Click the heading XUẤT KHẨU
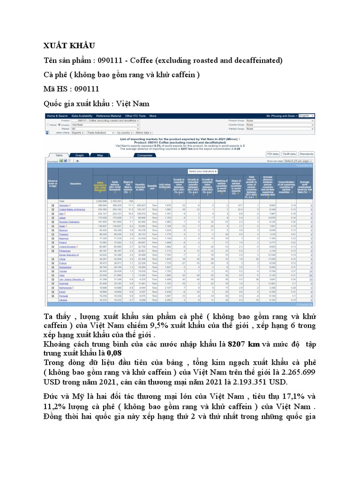[69, 45]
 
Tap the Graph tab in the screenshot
[80, 155]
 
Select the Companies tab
[145, 155]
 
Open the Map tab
[100, 155]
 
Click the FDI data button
[273, 153]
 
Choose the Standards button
[307, 153]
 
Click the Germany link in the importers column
[65, 205]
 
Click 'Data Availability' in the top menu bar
[82, 115]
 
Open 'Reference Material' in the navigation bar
[109, 115]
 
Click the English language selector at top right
[306, 115]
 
